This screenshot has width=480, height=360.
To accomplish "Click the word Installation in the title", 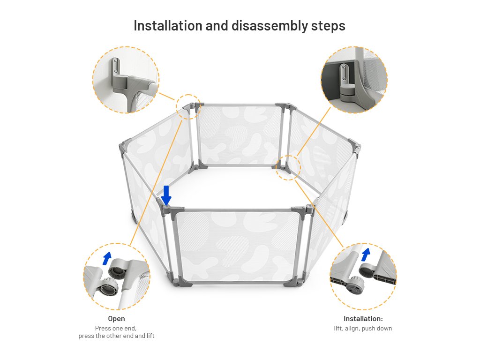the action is [168, 26].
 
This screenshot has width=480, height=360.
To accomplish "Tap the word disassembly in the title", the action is [269, 26].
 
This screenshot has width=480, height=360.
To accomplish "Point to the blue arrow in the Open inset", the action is [106, 259].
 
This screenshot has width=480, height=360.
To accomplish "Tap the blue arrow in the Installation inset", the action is [366, 255].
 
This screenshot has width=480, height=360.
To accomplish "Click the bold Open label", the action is [116, 319].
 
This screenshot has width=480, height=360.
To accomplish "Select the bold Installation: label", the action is [363, 319].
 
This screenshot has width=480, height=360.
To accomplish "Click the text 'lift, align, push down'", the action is [363, 329].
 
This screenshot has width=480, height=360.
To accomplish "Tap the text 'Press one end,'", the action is [116, 329].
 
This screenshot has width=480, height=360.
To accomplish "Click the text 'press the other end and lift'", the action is [116, 336].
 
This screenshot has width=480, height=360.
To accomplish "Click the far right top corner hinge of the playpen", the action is [355, 147].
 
